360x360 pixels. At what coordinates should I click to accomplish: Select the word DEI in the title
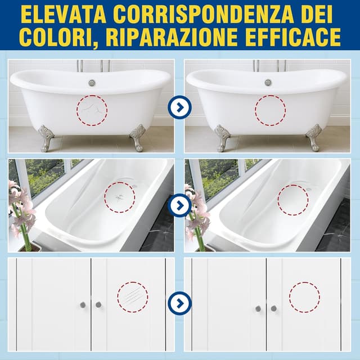click(318, 13)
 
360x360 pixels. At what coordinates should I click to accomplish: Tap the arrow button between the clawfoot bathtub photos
click(179, 107)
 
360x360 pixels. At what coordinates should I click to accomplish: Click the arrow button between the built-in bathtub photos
click(179, 204)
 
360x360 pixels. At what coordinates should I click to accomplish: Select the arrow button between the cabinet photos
click(179, 303)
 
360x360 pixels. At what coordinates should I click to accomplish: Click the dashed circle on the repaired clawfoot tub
click(270, 110)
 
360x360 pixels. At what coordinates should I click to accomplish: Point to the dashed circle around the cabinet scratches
click(133, 297)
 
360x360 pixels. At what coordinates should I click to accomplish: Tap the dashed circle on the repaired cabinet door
click(304, 297)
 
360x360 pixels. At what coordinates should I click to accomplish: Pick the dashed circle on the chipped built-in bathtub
click(119, 197)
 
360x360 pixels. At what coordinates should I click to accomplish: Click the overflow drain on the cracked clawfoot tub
click(92, 83)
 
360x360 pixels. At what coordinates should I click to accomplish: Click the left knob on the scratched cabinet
click(83, 304)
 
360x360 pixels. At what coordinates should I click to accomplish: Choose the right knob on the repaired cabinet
click(274, 308)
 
